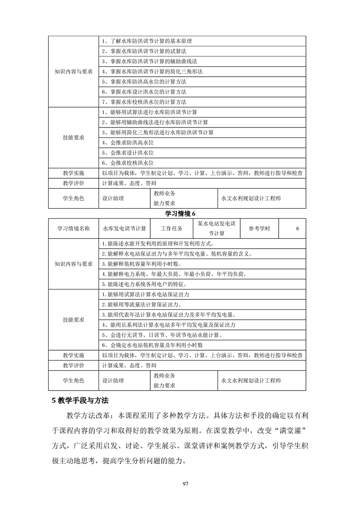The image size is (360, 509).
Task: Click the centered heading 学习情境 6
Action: (180, 214)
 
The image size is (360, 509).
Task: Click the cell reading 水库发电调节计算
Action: (124, 228)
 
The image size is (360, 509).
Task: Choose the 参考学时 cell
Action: (259, 228)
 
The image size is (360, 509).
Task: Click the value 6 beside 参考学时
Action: (297, 228)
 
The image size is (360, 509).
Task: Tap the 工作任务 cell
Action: (172, 228)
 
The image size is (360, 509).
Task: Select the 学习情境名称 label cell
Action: (74, 228)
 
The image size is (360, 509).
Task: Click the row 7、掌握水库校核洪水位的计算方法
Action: (144, 102)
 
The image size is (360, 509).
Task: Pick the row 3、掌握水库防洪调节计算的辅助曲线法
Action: (149, 61)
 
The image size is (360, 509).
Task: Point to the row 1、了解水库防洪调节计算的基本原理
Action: (149, 41)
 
